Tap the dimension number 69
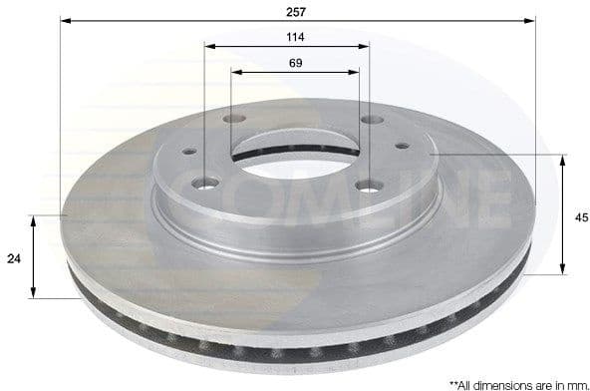click(x=295, y=63)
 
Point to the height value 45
click(x=574, y=212)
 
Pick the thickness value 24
click(x=14, y=257)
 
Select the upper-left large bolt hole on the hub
click(x=233, y=120)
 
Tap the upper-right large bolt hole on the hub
click(x=371, y=120)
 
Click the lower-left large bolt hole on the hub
click(x=206, y=183)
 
